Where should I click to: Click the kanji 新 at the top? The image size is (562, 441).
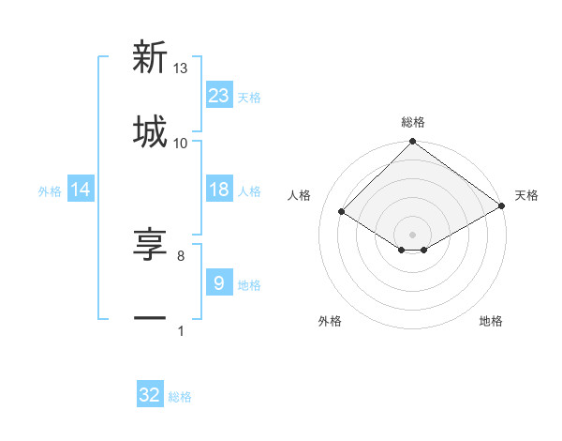pyautogui.click(x=150, y=58)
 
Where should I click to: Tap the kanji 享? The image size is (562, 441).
pyautogui.click(x=150, y=245)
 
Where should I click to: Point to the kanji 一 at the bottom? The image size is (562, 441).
pyautogui.click(x=150, y=319)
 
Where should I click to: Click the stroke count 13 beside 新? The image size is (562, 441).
pyautogui.click(x=181, y=68)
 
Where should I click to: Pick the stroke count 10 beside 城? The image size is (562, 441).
pyautogui.click(x=181, y=143)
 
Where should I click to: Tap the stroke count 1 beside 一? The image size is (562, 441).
pyautogui.click(x=181, y=330)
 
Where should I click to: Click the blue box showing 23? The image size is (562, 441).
pyautogui.click(x=219, y=95)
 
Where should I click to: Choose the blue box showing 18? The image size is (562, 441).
pyautogui.click(x=219, y=190)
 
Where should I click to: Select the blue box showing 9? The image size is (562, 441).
pyautogui.click(x=219, y=282)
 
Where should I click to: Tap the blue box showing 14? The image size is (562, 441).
pyautogui.click(x=81, y=190)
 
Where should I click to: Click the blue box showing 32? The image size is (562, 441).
pyautogui.click(x=150, y=395)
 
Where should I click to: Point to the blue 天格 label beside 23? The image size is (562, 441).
pyautogui.click(x=249, y=97)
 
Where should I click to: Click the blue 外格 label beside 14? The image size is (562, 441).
pyautogui.click(x=50, y=191)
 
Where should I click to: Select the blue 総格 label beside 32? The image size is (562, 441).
pyautogui.click(x=180, y=397)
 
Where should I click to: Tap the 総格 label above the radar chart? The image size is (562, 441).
pyautogui.click(x=412, y=123)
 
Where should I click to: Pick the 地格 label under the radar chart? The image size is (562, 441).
pyautogui.click(x=491, y=322)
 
